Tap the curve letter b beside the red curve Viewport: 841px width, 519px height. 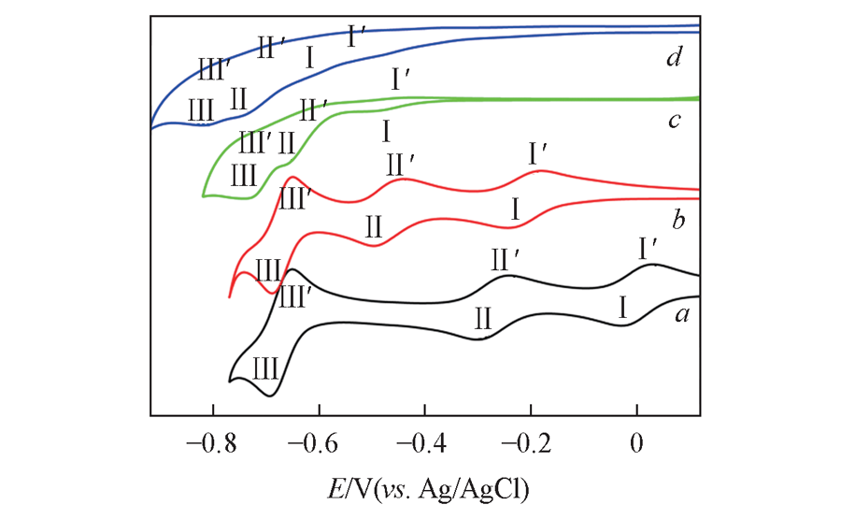pyautogui.click(x=679, y=222)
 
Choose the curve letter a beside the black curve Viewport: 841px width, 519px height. pyautogui.click(x=682, y=316)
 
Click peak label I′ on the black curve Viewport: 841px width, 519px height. pyautogui.click(x=649, y=248)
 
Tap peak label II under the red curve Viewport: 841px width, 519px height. pyautogui.click(x=374, y=225)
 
